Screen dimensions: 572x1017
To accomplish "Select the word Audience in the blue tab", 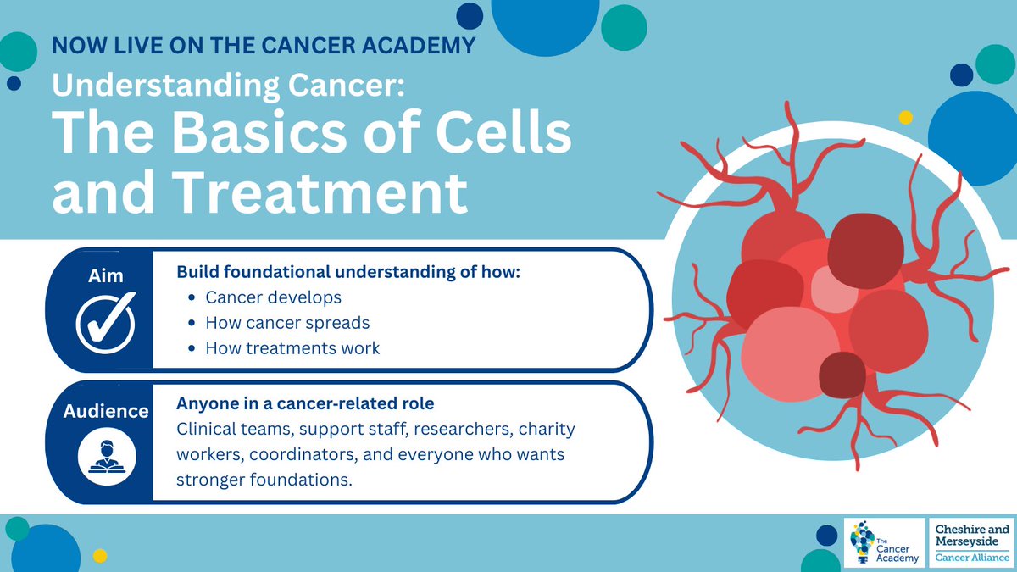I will tap(106, 412).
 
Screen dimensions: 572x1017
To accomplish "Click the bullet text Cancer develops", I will tap(273, 297).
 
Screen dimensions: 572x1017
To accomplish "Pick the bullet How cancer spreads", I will tap(287, 323).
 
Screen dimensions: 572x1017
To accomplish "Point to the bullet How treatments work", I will tap(292, 348).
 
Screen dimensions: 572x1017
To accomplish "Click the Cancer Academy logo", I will tap(885, 543).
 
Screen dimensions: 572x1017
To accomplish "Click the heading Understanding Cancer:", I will tap(227, 83).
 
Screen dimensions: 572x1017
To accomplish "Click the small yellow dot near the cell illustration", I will tap(905, 117).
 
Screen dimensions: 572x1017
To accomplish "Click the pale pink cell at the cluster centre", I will tap(835, 288).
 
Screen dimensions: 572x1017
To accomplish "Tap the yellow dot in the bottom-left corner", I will tap(99, 556).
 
